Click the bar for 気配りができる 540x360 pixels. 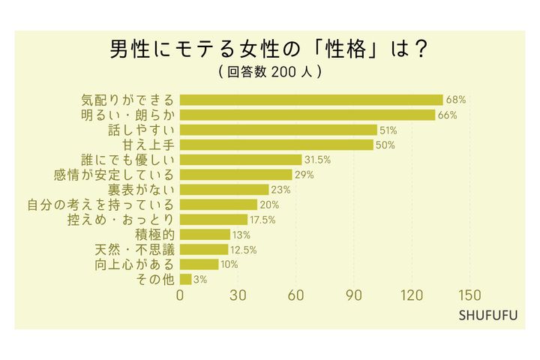[311, 100]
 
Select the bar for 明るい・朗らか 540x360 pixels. [307, 115]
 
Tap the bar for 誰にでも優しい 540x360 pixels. [241, 160]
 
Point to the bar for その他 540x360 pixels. [186, 279]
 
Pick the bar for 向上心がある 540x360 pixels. [199, 264]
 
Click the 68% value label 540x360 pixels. [456, 100]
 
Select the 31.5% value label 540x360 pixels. [318, 160]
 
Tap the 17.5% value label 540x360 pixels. [263, 220]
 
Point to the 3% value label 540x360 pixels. [201, 279]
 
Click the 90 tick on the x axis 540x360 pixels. [354, 295]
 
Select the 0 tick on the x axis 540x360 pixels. [180, 295]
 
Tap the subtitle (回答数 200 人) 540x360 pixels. [270, 73]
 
